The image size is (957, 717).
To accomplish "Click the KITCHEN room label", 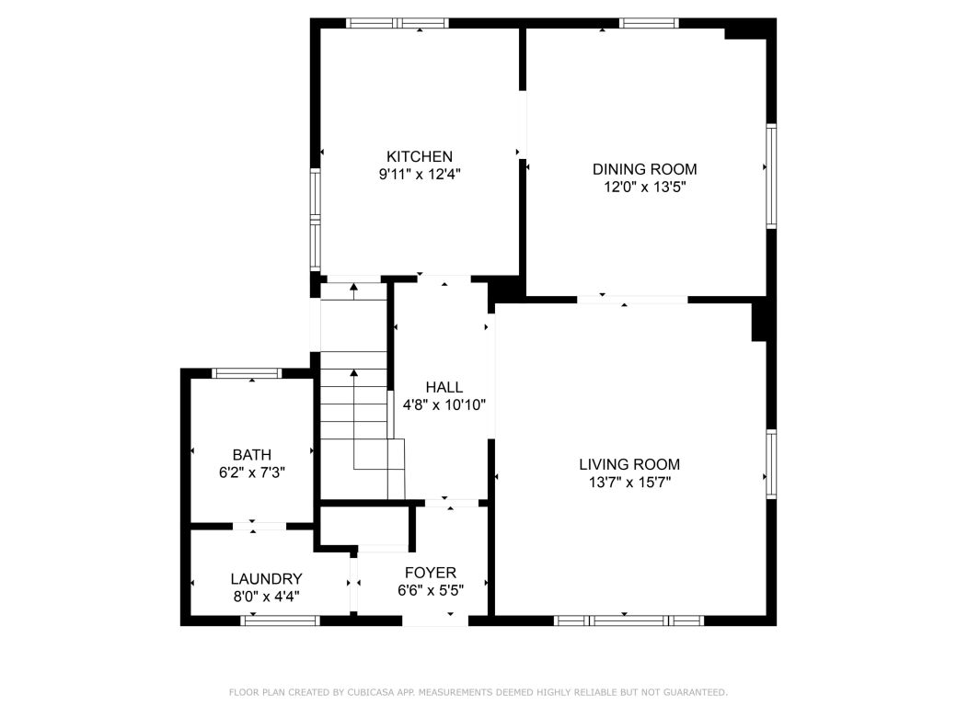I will [x=419, y=156].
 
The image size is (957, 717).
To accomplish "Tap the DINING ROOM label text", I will [x=644, y=169].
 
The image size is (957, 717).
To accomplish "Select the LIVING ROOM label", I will [x=629, y=464].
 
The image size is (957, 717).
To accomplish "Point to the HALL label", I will [x=444, y=387].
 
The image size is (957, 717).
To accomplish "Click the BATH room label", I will [x=251, y=454].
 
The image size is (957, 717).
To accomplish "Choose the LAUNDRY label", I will [x=266, y=579].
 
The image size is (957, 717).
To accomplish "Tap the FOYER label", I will [x=431, y=573].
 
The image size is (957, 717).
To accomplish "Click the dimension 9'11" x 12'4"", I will [x=419, y=174].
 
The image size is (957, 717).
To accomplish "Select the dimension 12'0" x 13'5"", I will [x=644, y=187].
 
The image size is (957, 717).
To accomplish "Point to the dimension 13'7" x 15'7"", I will [x=629, y=482].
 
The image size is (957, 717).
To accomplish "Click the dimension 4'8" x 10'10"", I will [x=444, y=404].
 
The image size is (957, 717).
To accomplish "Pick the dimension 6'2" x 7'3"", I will [x=251, y=472].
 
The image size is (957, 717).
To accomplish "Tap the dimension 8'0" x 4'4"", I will [x=266, y=596].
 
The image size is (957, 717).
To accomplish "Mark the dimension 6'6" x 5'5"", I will [x=431, y=590].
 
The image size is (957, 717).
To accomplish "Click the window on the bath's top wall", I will [x=246, y=373].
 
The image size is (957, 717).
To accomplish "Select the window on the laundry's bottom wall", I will [x=281, y=620].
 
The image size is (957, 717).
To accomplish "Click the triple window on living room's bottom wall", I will [x=629, y=620].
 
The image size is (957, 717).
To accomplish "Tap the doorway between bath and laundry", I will [x=259, y=526].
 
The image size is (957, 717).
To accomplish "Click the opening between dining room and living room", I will [x=632, y=299].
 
